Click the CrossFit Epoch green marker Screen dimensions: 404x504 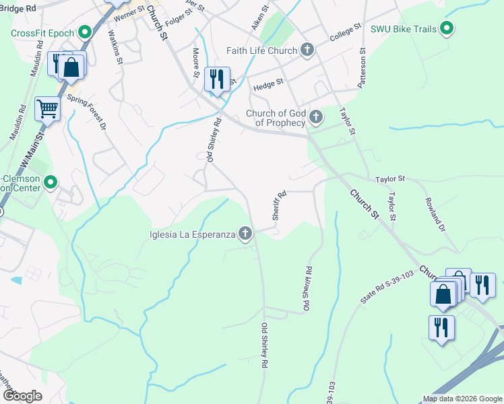click(x=85, y=32)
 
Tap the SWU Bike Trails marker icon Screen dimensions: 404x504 click(x=446, y=28)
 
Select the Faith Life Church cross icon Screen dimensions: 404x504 click(x=307, y=50)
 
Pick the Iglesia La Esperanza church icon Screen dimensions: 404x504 click(x=245, y=234)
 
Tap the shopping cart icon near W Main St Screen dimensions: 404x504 click(x=47, y=108)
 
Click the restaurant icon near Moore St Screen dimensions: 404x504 click(x=217, y=79)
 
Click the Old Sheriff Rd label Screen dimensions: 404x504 click(x=308, y=288)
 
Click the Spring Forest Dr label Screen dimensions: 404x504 click(x=86, y=111)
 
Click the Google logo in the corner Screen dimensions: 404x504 click(x=22, y=396)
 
